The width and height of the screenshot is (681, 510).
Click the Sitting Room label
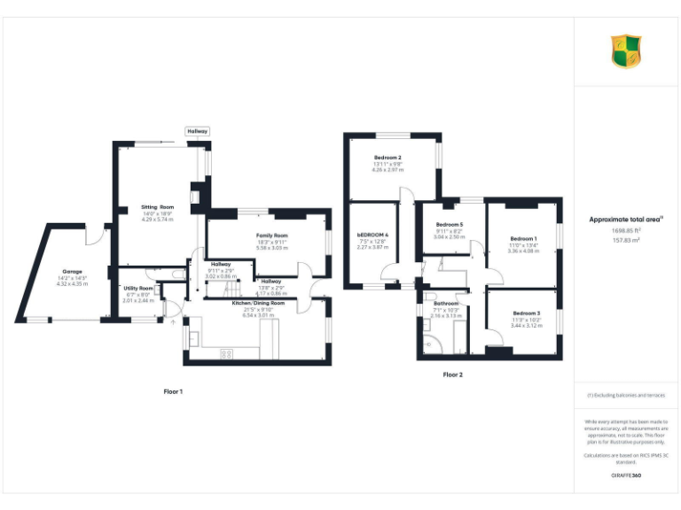(x=157, y=207)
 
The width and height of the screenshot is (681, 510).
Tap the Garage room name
(x=72, y=271)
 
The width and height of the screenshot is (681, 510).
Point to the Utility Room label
(x=138, y=288)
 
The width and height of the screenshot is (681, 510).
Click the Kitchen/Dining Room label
(x=258, y=303)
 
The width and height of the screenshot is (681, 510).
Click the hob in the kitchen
(x=226, y=353)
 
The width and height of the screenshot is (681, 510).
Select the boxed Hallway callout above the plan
(x=197, y=131)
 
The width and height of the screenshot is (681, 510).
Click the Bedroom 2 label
(x=387, y=158)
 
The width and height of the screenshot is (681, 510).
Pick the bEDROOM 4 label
(x=373, y=235)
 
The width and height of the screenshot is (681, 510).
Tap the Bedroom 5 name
(x=450, y=225)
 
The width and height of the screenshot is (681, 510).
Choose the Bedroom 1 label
(x=523, y=238)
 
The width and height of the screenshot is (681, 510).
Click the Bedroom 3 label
(x=526, y=313)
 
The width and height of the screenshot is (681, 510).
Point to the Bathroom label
(x=446, y=304)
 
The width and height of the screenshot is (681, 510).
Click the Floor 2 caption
(x=452, y=375)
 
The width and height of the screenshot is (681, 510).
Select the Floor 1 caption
(x=173, y=390)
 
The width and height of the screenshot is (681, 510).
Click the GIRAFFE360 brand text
(x=626, y=476)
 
